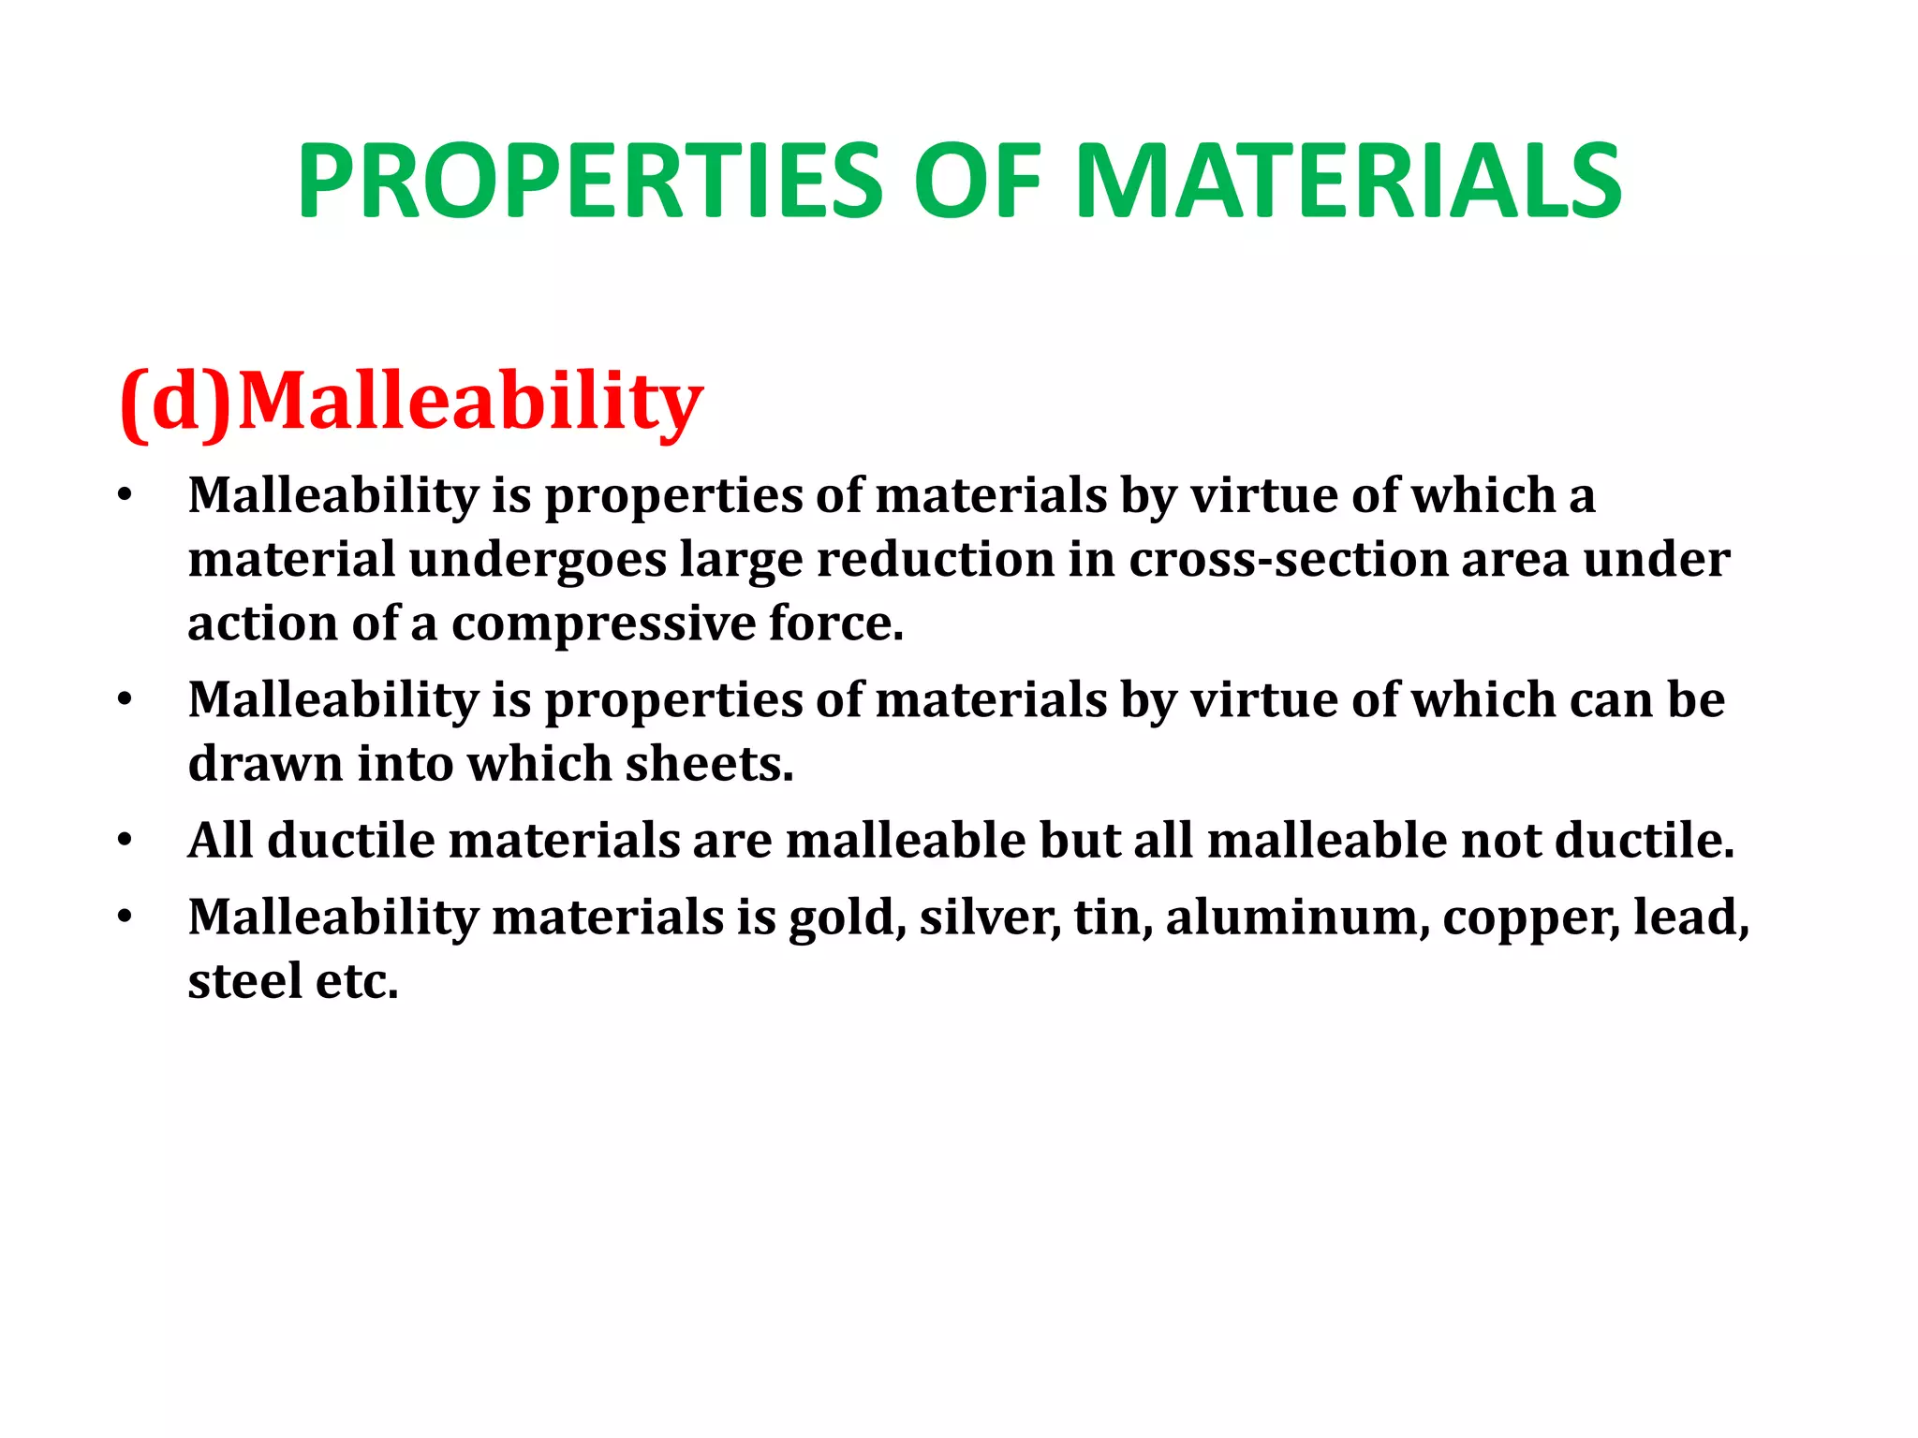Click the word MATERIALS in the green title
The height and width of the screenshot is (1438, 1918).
coord(1349,182)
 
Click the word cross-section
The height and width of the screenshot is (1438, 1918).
coord(1288,560)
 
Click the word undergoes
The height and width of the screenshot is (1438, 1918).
coord(538,560)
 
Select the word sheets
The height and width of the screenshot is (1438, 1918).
coord(709,764)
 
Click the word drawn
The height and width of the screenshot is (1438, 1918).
coord(265,764)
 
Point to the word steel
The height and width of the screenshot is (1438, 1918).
coord(244,981)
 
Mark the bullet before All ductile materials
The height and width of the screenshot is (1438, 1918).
coord(125,840)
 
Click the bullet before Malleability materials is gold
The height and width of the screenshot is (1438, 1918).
coord(125,917)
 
